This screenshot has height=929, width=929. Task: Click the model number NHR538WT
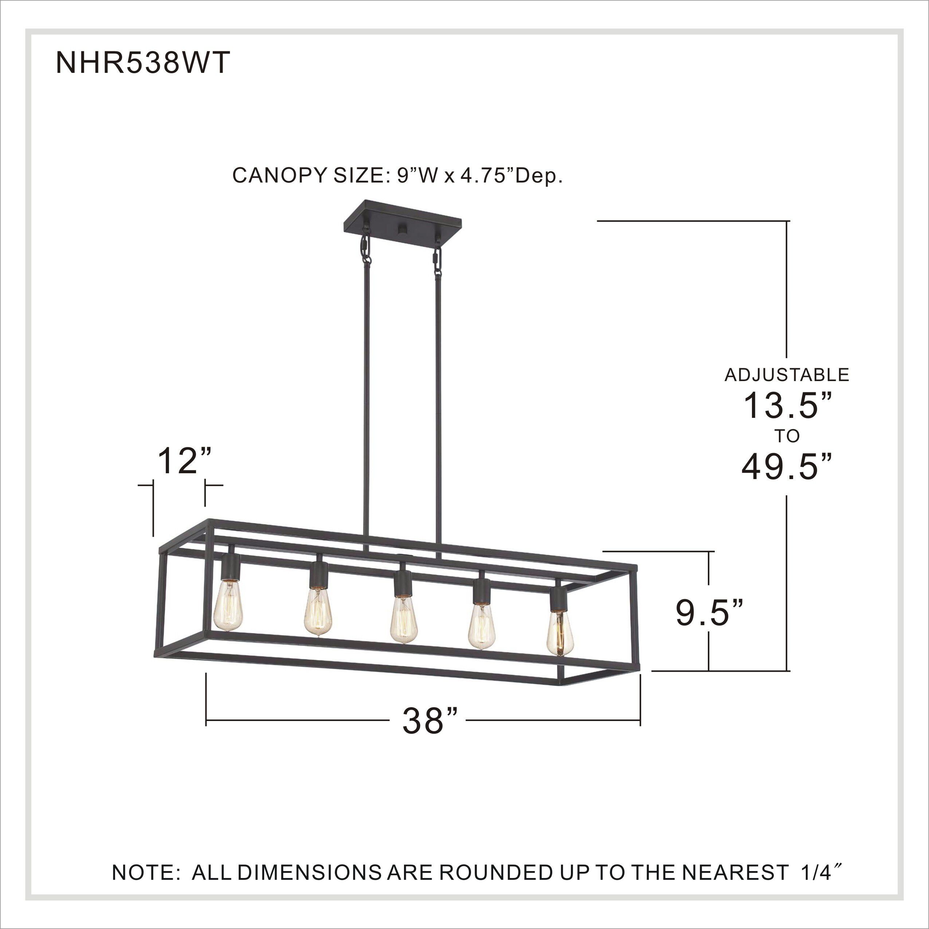tap(143, 63)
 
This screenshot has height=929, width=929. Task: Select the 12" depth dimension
tap(185, 460)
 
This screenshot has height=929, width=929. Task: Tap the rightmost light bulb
tap(560, 632)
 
